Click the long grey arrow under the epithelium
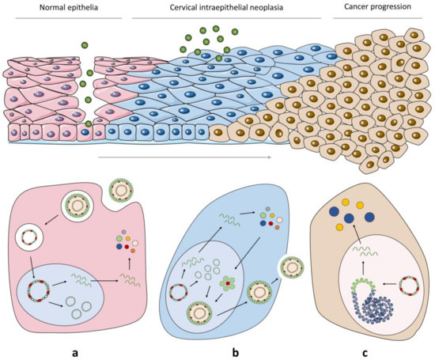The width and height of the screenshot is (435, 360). click(186, 158)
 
